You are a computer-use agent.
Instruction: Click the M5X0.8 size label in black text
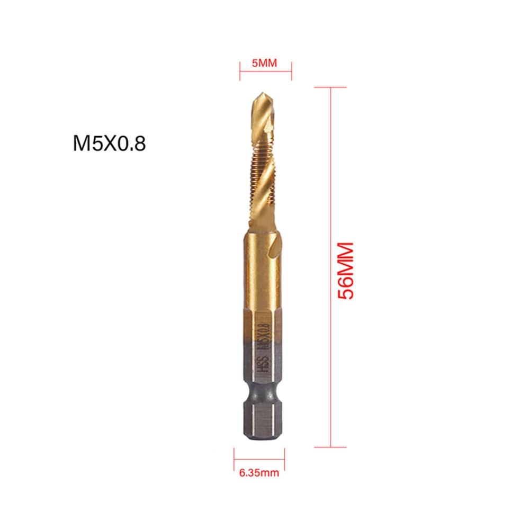click(x=109, y=145)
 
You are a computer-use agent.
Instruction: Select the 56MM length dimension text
click(x=345, y=271)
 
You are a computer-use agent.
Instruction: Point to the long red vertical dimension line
click(x=331, y=265)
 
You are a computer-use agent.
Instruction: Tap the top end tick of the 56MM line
click(x=331, y=87)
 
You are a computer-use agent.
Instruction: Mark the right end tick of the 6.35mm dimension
click(x=284, y=456)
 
